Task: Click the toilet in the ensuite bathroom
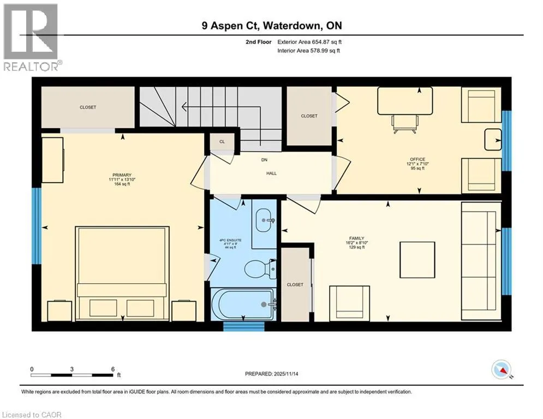pyautogui.click(x=260, y=269)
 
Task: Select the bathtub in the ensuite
pyautogui.click(x=243, y=304)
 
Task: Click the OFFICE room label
pyautogui.click(x=417, y=159)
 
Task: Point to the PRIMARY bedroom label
pyautogui.click(x=122, y=175)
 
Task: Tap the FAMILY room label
pyautogui.click(x=357, y=238)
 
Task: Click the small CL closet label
pyautogui.click(x=222, y=142)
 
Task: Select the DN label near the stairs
pyautogui.click(x=264, y=160)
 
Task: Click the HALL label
pyautogui.click(x=272, y=173)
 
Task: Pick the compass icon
pyautogui.click(x=502, y=370)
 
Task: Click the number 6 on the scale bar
pyautogui.click(x=113, y=369)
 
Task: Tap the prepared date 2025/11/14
pyautogui.click(x=286, y=374)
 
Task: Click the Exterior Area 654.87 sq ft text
pyautogui.click(x=309, y=42)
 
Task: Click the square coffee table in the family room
pyautogui.click(x=417, y=260)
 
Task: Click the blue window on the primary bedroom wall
pyautogui.click(x=37, y=226)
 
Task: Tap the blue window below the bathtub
pyautogui.click(x=243, y=327)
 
